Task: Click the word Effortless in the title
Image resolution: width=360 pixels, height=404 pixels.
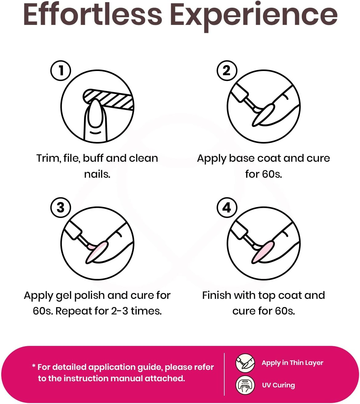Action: pyautogui.click(x=93, y=15)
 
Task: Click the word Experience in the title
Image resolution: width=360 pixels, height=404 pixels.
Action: pyautogui.click(x=254, y=17)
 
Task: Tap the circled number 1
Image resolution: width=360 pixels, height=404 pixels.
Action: pyautogui.click(x=61, y=71)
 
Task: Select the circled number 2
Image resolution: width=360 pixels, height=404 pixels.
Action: pyautogui.click(x=227, y=71)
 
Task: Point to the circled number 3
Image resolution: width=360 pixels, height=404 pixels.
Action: pyautogui.click(x=61, y=208)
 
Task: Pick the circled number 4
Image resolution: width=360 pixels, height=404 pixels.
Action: pyautogui.click(x=227, y=208)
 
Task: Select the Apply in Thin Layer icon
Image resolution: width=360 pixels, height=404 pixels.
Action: pyautogui.click(x=245, y=363)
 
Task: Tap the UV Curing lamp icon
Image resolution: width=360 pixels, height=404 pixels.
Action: pyautogui.click(x=245, y=385)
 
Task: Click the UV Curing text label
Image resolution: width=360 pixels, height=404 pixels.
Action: pyautogui.click(x=278, y=385)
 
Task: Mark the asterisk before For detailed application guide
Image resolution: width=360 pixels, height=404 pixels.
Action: pyautogui.click(x=34, y=366)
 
